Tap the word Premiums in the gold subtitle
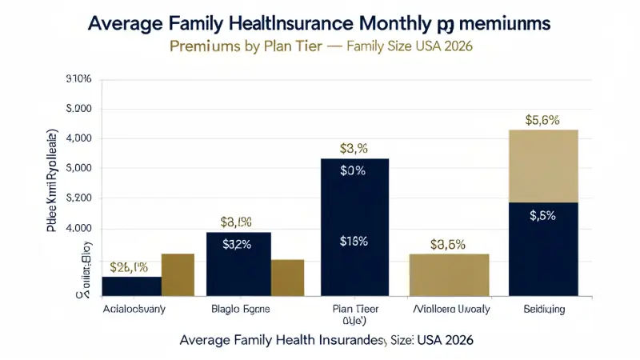(x=202, y=46)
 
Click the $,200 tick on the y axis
(x=78, y=198)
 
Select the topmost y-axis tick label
(x=78, y=79)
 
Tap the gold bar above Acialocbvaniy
(x=178, y=275)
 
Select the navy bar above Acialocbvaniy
(x=131, y=286)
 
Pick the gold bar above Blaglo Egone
(x=287, y=278)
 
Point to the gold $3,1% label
(x=237, y=222)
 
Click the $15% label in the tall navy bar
(x=353, y=242)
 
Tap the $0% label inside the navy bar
(x=353, y=170)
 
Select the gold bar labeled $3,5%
(x=449, y=275)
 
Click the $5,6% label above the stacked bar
(x=542, y=120)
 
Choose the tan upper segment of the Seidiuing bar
(x=543, y=166)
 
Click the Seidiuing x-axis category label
(x=543, y=309)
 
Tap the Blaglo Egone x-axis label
(x=239, y=309)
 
